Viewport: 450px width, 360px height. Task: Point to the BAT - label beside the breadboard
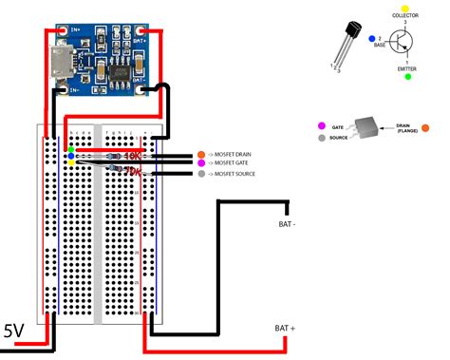click(x=289, y=224)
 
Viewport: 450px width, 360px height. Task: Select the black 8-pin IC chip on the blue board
click(x=121, y=72)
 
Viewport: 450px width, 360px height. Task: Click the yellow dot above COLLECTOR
click(x=406, y=9)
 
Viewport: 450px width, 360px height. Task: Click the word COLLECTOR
click(x=407, y=17)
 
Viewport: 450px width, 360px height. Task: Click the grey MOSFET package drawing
click(x=366, y=130)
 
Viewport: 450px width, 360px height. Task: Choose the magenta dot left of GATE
click(x=325, y=125)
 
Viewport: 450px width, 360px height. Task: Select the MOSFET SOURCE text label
click(x=237, y=174)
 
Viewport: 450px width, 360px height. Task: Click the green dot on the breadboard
click(x=70, y=149)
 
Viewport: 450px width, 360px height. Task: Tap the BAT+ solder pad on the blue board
click(x=139, y=40)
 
